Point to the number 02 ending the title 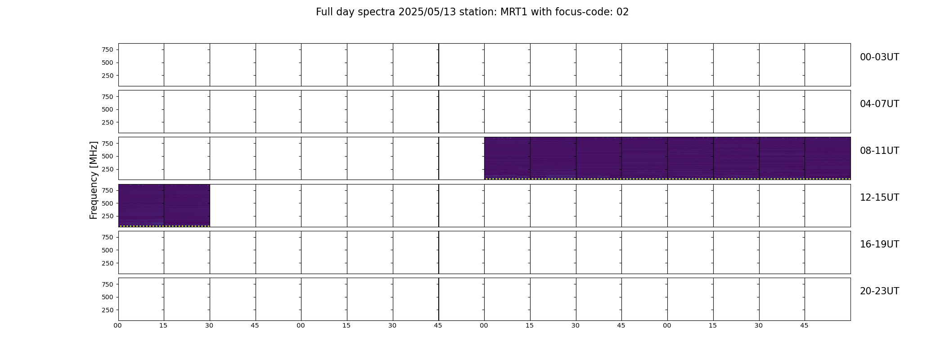622,12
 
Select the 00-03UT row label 879,57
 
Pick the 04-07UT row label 879,104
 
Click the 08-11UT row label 879,151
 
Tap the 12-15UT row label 879,198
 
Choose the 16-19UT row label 879,244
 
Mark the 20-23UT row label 879,291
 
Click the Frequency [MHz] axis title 94,180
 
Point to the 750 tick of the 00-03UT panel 108,49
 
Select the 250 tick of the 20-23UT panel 108,310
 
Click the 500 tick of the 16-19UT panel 108,250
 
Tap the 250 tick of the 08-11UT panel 108,170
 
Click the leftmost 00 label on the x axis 118,325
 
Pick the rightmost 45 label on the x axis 804,325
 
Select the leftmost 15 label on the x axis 163,325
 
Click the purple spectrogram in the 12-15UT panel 164,205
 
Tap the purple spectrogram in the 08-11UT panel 667,158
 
